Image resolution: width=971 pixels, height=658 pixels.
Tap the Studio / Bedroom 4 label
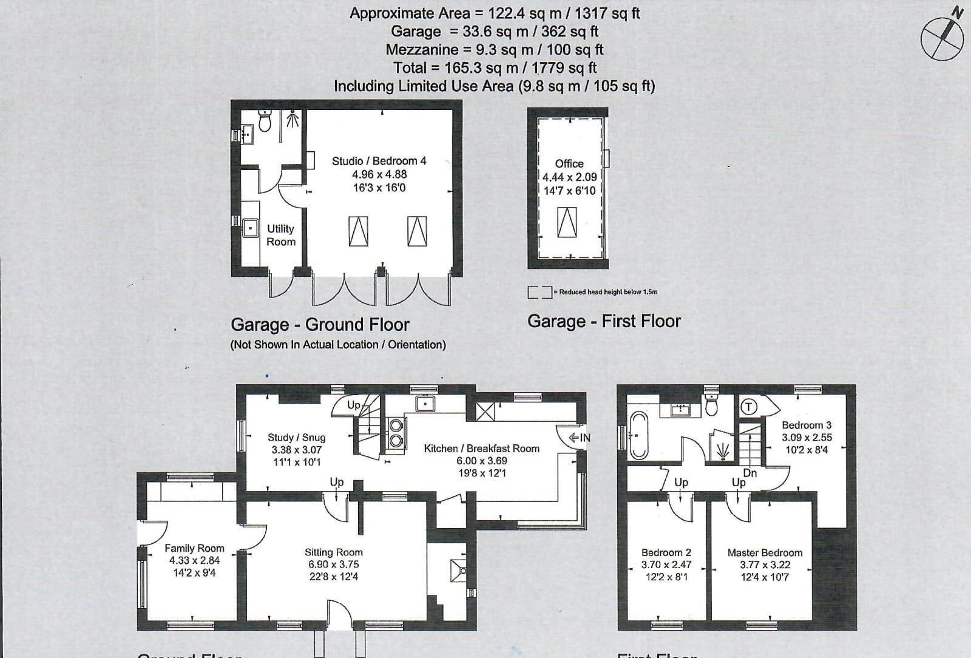tap(379, 161)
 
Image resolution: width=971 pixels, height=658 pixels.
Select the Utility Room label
tap(280, 235)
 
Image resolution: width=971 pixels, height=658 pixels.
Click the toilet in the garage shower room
tap(265, 121)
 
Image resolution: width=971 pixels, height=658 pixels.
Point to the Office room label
tap(569, 164)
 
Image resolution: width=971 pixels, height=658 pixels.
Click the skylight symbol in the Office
tap(567, 222)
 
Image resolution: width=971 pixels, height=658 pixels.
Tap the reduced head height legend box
tap(539, 292)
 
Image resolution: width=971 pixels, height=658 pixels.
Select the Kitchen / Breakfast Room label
tap(481, 449)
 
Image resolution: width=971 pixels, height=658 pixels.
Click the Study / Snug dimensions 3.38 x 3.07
tap(296, 450)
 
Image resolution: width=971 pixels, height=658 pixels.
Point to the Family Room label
tap(194, 548)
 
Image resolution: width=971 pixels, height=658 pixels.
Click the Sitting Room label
tap(333, 552)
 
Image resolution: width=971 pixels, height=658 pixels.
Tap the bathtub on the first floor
tap(639, 435)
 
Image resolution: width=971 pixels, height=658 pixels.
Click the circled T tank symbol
tap(749, 407)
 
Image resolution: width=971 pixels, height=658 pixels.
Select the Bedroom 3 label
tap(807, 425)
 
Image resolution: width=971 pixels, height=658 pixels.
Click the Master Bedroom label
tap(765, 552)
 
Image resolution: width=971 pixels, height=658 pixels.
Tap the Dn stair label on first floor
tap(750, 472)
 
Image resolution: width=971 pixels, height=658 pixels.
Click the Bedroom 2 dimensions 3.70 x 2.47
tap(666, 565)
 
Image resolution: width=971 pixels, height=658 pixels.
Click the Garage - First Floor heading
tap(604, 321)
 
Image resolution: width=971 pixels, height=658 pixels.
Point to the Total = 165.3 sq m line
tap(495, 68)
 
